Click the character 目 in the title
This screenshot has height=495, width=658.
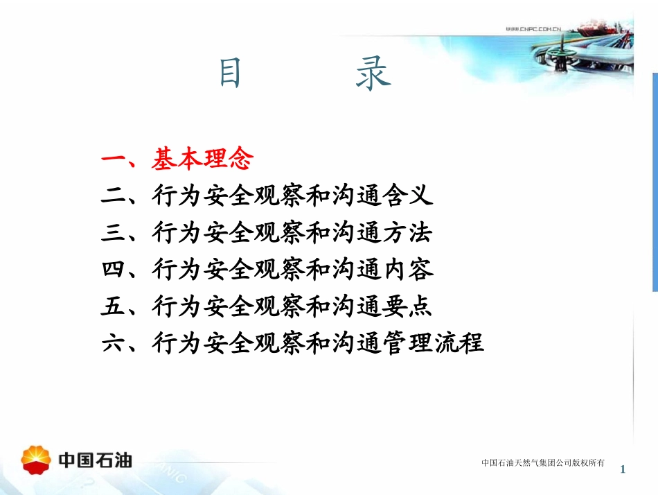tap(231, 73)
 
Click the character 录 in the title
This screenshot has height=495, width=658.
tap(373, 73)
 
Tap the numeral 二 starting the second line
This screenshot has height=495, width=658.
tap(112, 197)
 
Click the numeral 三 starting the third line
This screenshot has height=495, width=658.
tap(112, 233)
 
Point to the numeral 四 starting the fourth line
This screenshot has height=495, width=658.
tap(112, 269)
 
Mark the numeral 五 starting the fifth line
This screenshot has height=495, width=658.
tap(112, 306)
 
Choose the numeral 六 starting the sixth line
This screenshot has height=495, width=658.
tap(112, 342)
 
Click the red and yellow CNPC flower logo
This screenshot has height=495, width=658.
tap(36, 460)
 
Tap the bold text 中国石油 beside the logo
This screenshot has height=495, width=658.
tap(95, 460)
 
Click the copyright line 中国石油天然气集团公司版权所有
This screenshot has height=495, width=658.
tap(543, 462)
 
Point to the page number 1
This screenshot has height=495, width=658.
tap(623, 469)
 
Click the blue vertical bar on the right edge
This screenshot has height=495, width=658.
tap(655, 180)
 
